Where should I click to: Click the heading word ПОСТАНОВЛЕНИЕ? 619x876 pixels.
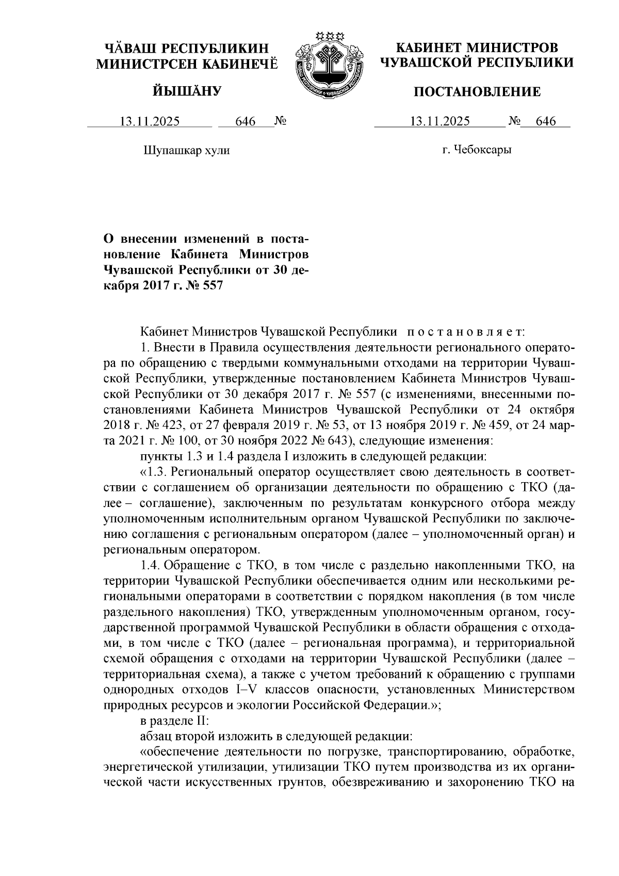[x=478, y=92]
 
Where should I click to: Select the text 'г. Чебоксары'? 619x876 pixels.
[x=477, y=150]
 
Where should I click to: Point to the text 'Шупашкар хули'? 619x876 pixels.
[x=185, y=151]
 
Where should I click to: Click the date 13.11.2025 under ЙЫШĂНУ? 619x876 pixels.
[x=150, y=122]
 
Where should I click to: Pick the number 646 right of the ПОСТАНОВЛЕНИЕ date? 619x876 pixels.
[x=546, y=122]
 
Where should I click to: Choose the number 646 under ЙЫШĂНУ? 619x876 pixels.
[x=246, y=122]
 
